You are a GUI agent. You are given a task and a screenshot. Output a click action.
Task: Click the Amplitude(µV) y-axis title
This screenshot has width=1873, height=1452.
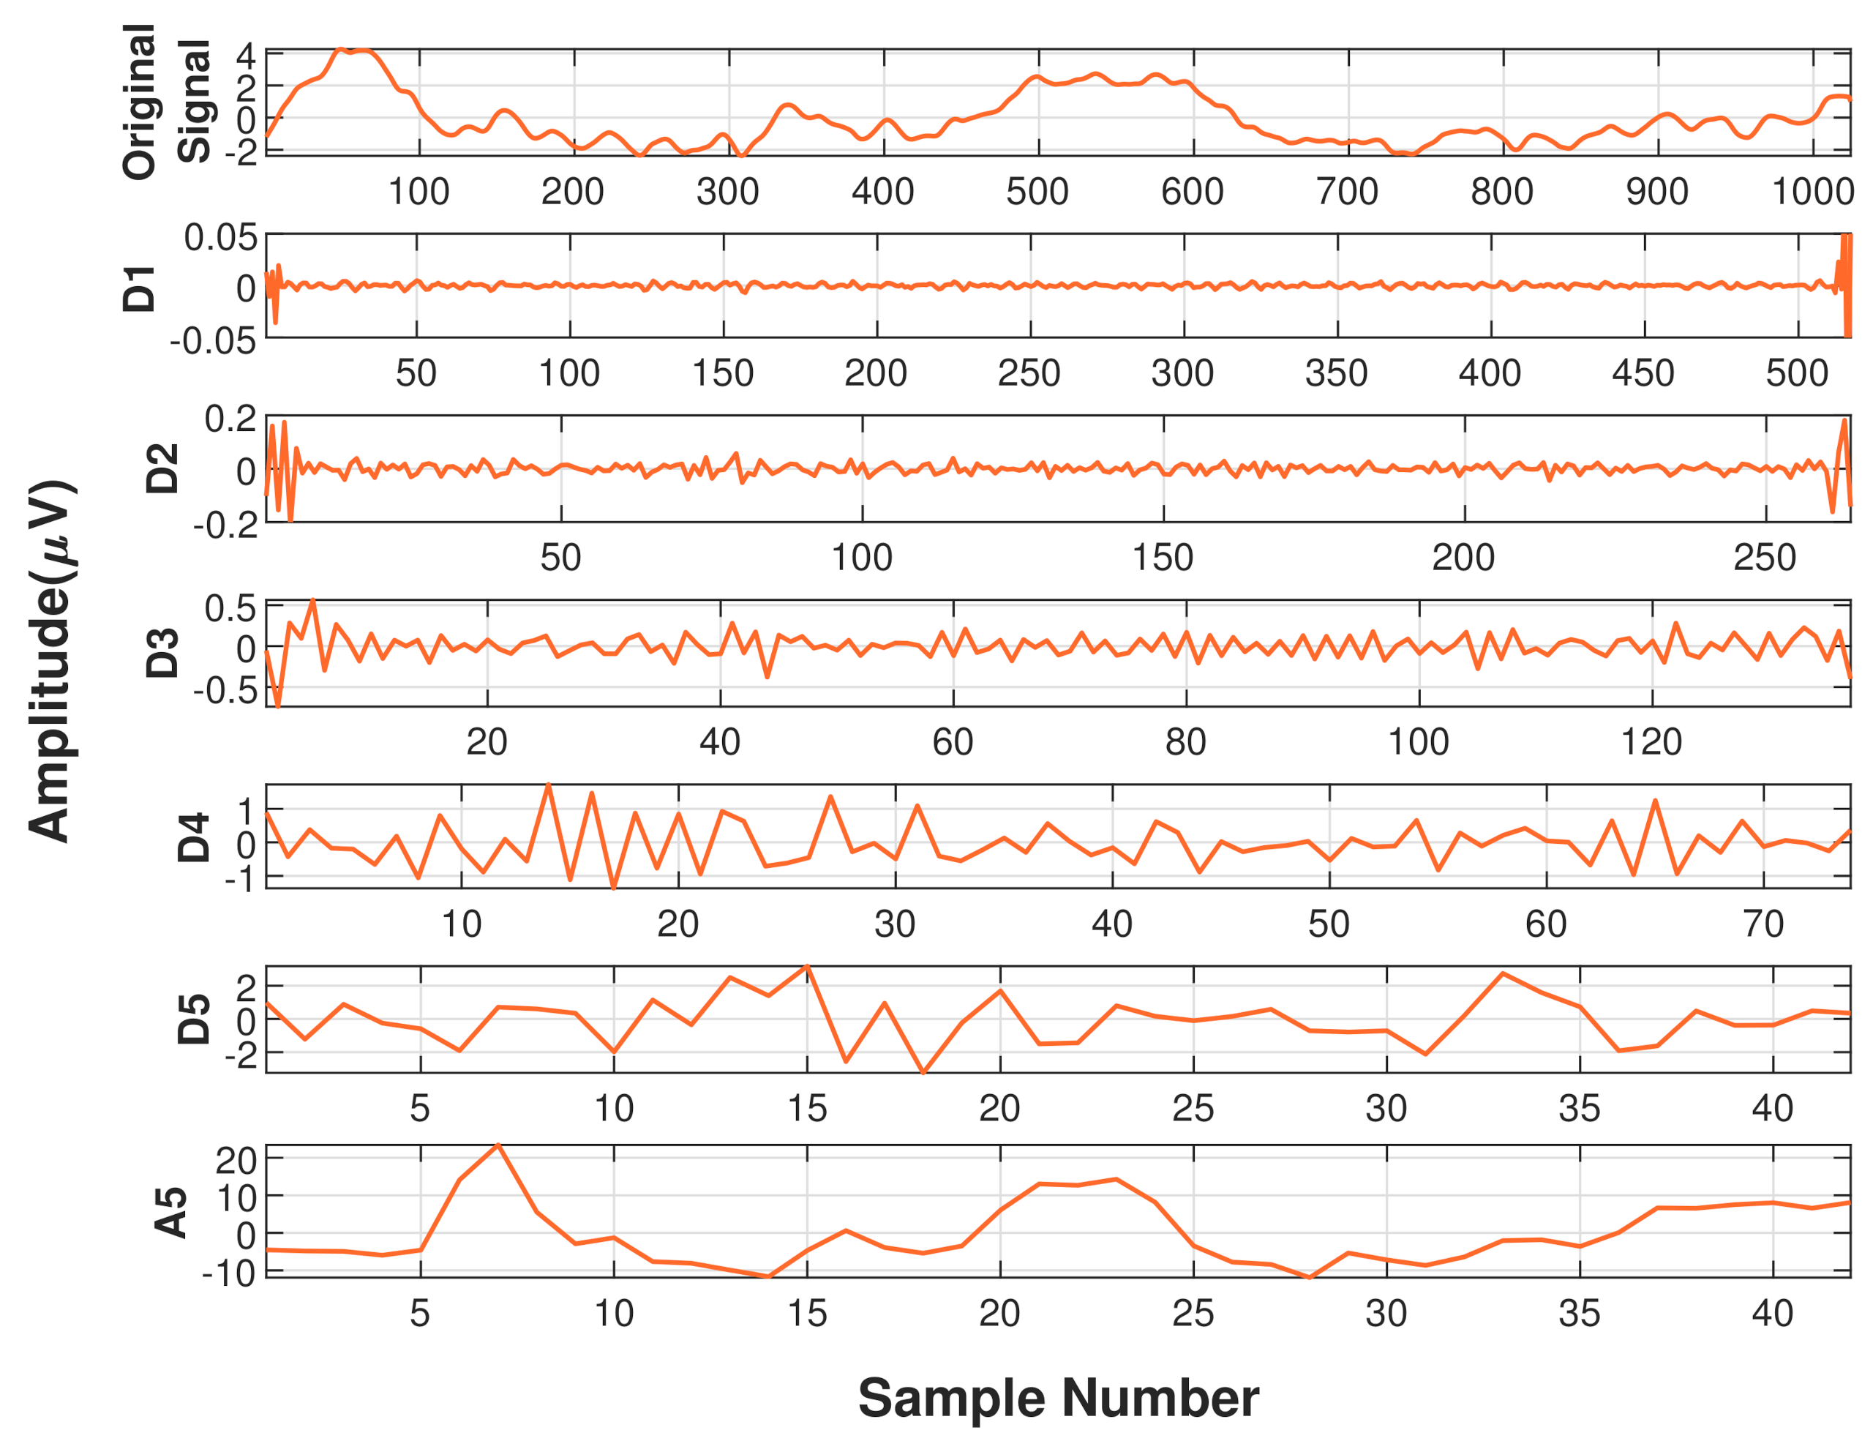point(53,660)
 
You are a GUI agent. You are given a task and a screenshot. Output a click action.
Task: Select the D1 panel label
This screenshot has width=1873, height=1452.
point(140,288)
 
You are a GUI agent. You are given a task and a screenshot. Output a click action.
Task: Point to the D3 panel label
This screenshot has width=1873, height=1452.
point(162,653)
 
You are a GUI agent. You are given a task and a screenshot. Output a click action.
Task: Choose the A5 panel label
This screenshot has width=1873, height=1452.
point(170,1212)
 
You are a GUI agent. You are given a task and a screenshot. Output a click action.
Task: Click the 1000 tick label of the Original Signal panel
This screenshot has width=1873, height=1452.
point(1812,191)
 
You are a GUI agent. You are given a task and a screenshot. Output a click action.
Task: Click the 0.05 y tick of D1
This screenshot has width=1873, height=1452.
point(220,238)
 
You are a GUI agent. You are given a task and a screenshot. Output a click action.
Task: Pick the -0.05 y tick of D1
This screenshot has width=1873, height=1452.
point(214,341)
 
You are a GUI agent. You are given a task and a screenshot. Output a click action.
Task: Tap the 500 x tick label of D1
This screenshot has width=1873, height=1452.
point(1797,374)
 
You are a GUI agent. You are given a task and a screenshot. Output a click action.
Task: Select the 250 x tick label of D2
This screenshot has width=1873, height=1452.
point(1764,558)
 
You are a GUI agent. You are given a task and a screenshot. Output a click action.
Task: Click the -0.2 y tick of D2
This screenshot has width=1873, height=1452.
point(225,524)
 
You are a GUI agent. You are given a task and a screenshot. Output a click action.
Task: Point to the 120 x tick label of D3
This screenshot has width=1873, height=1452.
point(1651,742)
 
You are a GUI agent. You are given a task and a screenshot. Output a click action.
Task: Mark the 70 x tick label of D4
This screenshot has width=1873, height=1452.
point(1763,924)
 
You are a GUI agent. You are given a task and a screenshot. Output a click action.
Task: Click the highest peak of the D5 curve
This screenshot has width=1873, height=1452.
point(807,967)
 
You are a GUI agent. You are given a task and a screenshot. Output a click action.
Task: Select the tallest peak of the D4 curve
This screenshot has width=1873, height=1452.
point(548,785)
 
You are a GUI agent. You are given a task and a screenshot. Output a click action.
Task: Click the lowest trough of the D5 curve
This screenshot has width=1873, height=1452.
point(923,1072)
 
